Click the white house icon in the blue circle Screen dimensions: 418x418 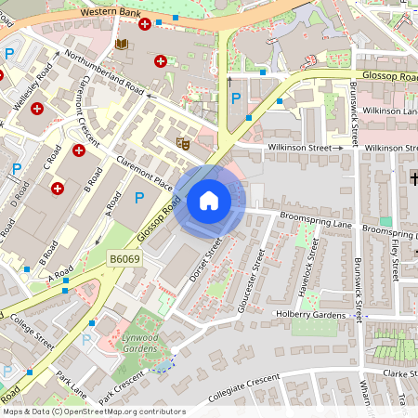(209, 201)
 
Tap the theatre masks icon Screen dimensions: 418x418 (183, 143)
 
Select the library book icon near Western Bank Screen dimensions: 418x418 (121, 44)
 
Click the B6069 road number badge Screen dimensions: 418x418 (124, 259)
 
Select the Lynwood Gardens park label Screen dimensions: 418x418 (140, 344)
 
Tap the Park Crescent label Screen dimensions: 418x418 (124, 382)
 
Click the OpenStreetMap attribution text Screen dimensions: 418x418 (94, 411)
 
